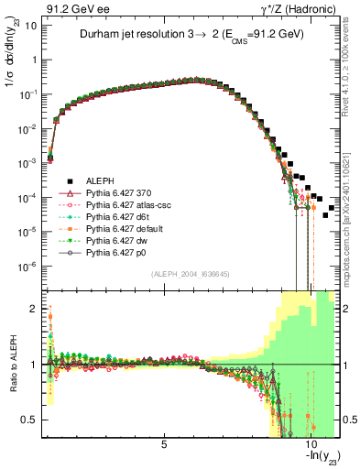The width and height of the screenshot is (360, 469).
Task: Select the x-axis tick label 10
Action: coord(310,445)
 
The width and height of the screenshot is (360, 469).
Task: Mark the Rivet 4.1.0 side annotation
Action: coord(352,69)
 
